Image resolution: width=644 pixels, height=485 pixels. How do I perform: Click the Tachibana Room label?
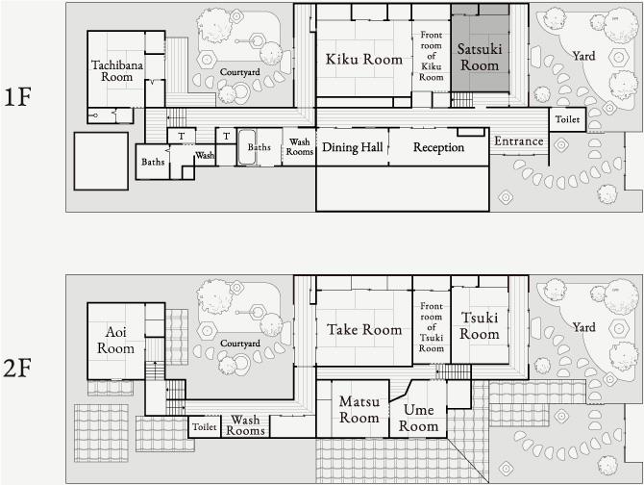(x=117, y=70)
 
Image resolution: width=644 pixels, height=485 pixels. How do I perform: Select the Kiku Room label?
(x=364, y=60)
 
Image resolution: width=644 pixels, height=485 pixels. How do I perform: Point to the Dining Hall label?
(x=353, y=147)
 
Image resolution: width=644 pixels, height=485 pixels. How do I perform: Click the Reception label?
(x=438, y=147)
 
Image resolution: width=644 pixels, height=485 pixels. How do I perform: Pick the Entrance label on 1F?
(x=519, y=141)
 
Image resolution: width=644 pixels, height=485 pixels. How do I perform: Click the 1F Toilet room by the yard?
(x=567, y=119)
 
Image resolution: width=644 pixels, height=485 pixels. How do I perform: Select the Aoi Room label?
(x=115, y=341)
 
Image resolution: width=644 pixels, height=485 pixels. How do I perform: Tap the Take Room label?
(x=364, y=330)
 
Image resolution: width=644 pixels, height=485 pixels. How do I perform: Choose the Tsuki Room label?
(x=480, y=325)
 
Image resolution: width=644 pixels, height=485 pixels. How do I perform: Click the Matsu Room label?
(x=359, y=409)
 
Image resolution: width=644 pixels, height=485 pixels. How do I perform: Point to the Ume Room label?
(x=418, y=418)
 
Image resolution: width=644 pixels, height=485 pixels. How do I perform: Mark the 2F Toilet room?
(x=205, y=426)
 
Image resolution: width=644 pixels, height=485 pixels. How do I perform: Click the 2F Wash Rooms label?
(x=245, y=425)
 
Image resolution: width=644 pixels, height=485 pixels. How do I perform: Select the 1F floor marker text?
(x=17, y=97)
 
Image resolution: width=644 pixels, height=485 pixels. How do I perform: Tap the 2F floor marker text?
(x=17, y=369)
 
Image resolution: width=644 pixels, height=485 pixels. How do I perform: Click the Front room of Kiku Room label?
(x=432, y=56)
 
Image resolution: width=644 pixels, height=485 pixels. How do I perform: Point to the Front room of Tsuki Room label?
(x=432, y=327)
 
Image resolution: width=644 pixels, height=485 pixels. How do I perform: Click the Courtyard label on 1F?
(x=240, y=72)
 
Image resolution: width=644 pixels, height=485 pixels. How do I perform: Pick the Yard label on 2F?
(x=583, y=327)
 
